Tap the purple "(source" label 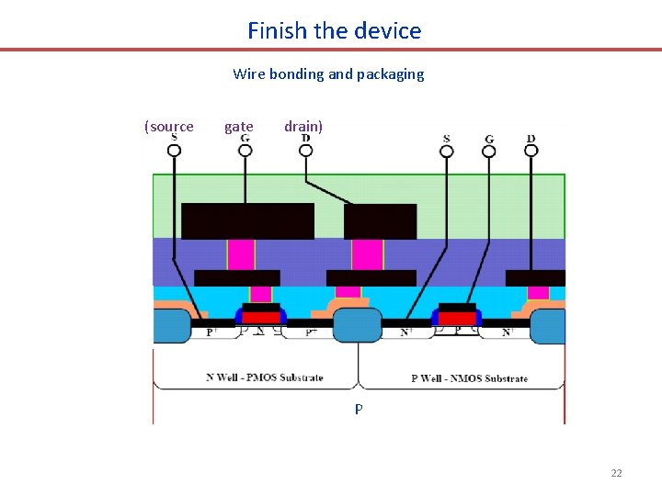[x=169, y=127]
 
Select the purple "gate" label [x=239, y=127]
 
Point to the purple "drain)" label [x=303, y=127]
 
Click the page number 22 [x=616, y=473]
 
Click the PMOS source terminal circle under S [x=174, y=151]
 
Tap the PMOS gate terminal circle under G [x=245, y=151]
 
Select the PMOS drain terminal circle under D [x=305, y=151]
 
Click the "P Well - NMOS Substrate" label [x=469, y=378]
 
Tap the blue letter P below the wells [x=359, y=410]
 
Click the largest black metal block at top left [x=247, y=221]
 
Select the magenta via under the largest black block [x=241, y=254]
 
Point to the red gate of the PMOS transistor [x=261, y=317]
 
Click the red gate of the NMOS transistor [x=457, y=317]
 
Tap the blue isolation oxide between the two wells [x=357, y=325]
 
